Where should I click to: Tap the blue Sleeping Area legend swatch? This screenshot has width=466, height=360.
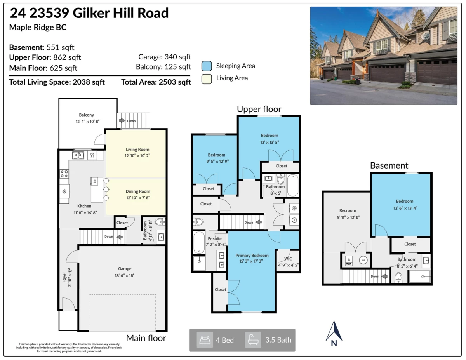click(x=207, y=66)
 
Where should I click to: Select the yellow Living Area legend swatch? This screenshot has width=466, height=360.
click(x=207, y=78)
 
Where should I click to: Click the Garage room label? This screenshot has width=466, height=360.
click(x=125, y=269)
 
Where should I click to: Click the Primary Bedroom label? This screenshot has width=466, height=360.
click(x=252, y=256)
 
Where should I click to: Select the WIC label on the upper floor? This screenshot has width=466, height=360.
click(x=288, y=259)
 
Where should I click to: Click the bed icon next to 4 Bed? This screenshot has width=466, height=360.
click(x=205, y=340)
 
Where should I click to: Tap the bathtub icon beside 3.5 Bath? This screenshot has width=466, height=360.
click(x=253, y=340)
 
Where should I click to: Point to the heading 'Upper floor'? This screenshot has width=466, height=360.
click(x=259, y=109)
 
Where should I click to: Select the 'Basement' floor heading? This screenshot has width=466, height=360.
click(x=389, y=165)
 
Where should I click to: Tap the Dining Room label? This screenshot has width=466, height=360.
click(x=137, y=191)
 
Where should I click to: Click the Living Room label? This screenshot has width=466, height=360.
click(x=137, y=150)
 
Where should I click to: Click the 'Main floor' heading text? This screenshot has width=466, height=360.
click(x=146, y=338)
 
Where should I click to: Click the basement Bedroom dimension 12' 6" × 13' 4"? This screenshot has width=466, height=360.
click(x=405, y=208)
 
